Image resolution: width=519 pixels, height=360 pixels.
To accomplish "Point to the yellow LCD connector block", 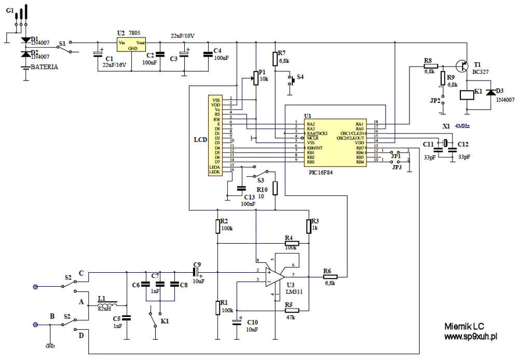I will coord(214,136).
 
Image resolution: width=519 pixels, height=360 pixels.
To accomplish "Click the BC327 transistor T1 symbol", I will coord(460,66).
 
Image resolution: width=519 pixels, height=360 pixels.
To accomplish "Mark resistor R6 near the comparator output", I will coord(330,276).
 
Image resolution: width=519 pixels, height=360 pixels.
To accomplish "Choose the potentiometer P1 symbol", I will coord(255,78).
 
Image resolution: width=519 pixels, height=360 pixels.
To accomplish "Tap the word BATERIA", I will coord(44,67).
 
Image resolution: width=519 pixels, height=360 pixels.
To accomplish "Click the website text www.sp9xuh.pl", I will coord(471,337).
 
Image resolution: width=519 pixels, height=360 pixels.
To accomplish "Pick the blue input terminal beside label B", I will coord(35,325).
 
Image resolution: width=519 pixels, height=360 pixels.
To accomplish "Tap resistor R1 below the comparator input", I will coord(218,307).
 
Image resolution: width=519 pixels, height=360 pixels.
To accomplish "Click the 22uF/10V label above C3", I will coord(183,36).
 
